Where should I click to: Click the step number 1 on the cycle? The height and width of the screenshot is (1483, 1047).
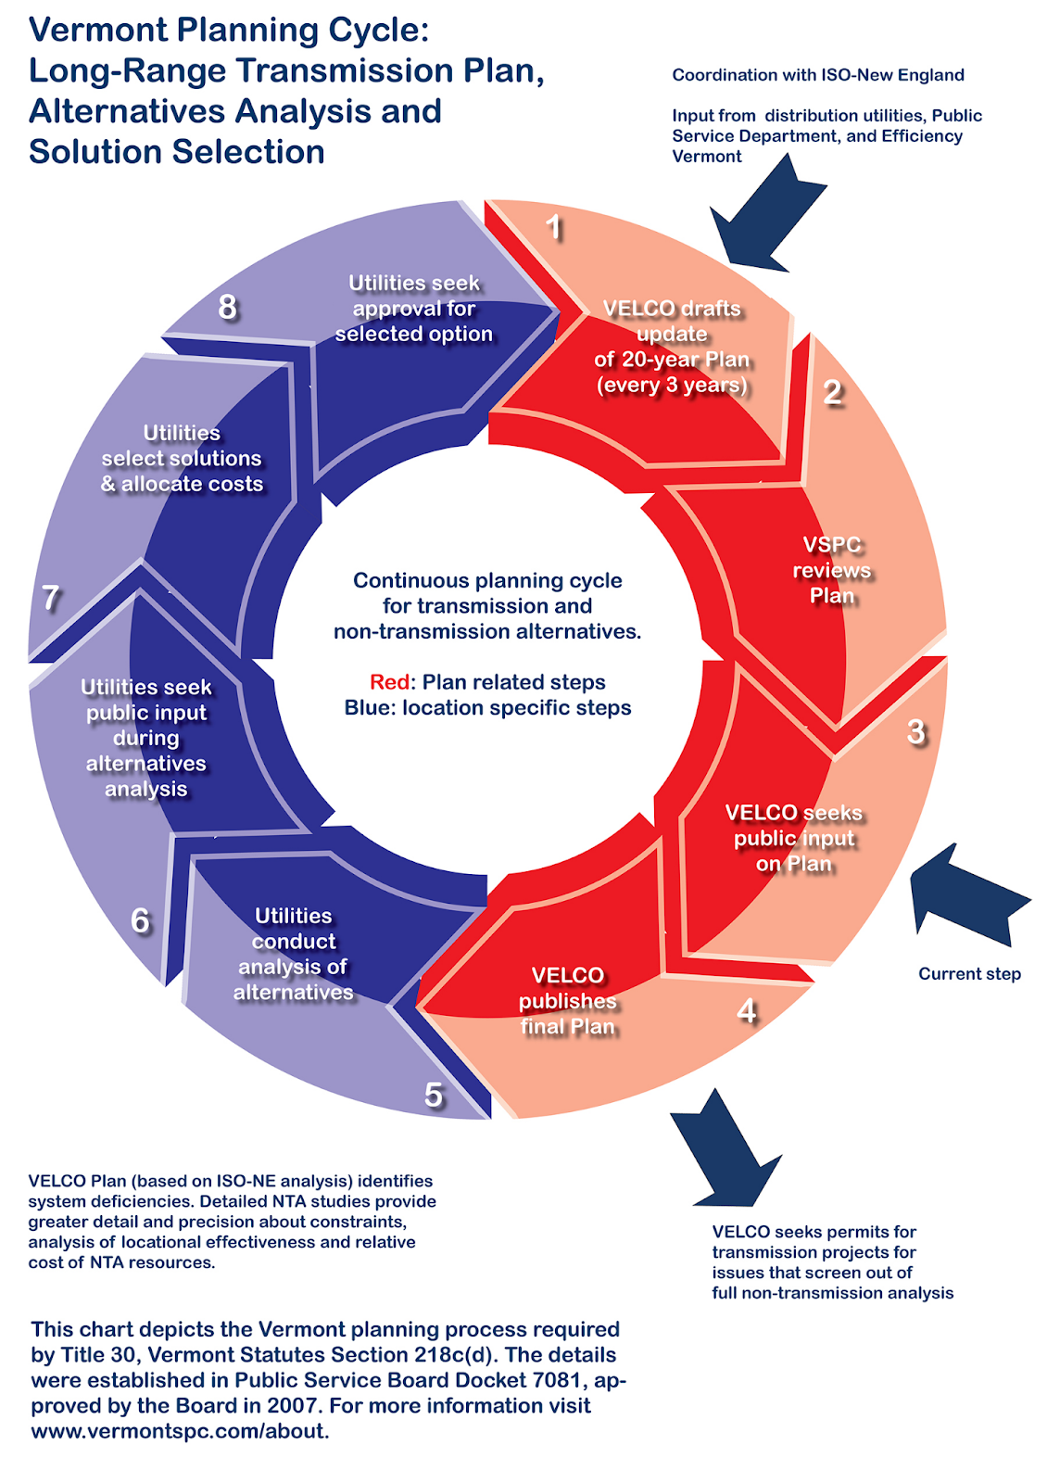(554, 227)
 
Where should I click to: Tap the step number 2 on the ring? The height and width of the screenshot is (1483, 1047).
(832, 392)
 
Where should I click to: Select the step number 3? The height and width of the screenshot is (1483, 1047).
(916, 731)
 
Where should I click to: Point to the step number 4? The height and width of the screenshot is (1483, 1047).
(747, 1011)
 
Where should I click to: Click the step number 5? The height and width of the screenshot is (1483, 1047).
(434, 1095)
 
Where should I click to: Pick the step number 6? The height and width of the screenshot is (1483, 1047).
(140, 921)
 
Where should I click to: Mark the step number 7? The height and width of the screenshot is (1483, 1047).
(50, 598)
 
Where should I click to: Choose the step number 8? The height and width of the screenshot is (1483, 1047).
(227, 307)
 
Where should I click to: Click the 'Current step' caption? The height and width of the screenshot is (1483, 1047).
(969, 974)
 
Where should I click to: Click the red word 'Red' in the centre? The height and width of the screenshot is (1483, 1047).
(389, 682)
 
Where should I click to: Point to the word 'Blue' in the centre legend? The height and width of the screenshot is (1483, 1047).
(368, 708)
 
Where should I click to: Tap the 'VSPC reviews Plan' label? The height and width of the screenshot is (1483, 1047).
(832, 570)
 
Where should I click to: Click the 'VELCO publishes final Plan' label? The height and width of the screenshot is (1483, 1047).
(567, 1000)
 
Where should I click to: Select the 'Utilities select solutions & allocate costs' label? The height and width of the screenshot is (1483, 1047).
(182, 458)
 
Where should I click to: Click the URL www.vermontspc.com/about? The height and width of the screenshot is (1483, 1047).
(180, 1431)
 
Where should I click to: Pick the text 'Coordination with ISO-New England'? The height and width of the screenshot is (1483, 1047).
(818, 75)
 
